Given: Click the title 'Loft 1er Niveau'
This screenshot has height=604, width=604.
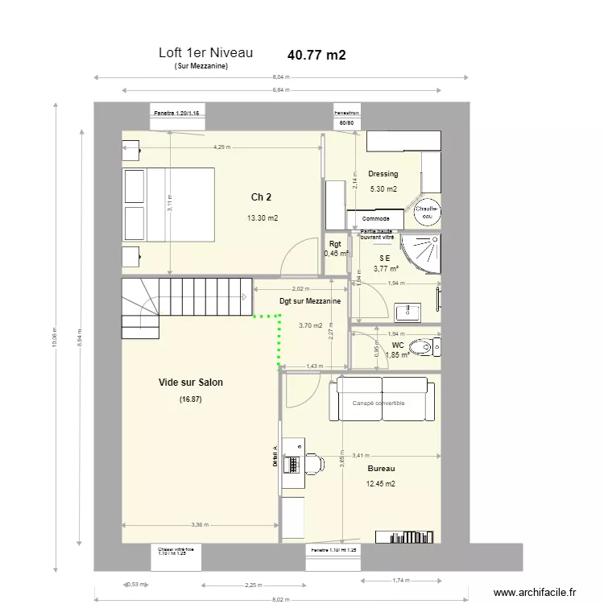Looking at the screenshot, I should point(206,53).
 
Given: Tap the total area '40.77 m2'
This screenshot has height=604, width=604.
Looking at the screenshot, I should point(316,56).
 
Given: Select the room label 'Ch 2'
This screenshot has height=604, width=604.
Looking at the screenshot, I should point(261,197).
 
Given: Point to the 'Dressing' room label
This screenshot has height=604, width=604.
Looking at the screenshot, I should point(383,174).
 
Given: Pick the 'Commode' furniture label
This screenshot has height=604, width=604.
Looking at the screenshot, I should point(376,219).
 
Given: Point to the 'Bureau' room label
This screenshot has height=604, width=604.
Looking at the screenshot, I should point(381,468).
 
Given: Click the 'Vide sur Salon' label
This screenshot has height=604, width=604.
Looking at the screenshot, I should point(191,383).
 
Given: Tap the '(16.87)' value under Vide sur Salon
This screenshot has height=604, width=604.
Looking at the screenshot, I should point(191,399).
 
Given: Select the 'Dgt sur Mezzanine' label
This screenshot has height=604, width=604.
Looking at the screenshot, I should point(309,301).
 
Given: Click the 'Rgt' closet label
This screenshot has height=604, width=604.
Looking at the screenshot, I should point(335,244).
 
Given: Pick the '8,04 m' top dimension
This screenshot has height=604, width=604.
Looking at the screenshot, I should point(280,77).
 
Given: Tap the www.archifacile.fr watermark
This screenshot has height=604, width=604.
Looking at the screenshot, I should point(535,592).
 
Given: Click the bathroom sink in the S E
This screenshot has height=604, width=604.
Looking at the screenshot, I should point(406,311).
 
